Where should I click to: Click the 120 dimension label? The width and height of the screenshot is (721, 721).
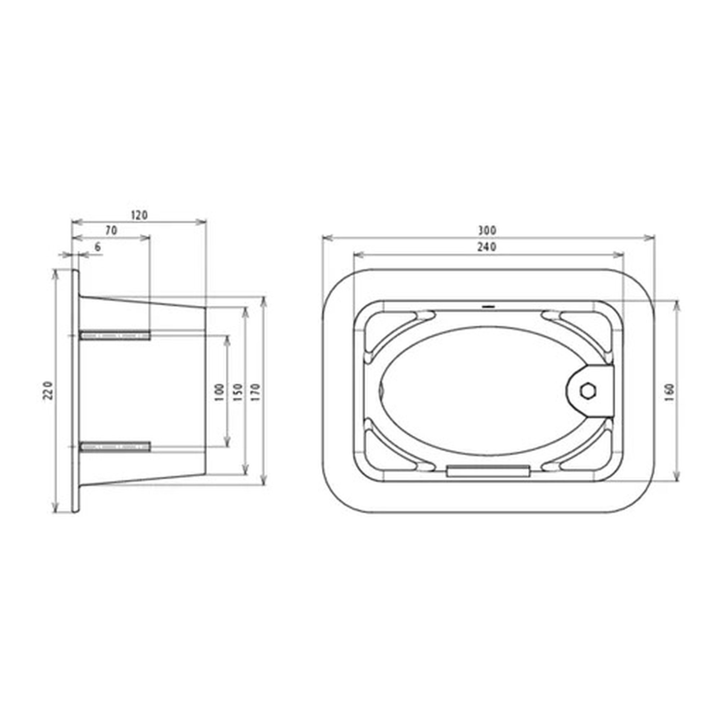coord(139,215)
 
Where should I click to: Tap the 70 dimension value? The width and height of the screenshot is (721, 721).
coord(111,231)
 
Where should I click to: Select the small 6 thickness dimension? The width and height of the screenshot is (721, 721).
coord(98,247)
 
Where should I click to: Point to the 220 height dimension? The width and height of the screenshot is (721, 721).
coord(49,390)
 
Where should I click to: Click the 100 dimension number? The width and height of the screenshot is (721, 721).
coord(220,392)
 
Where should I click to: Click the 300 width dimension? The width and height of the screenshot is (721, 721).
coord(487,231)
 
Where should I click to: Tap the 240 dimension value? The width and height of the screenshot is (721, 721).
coord(487,247)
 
